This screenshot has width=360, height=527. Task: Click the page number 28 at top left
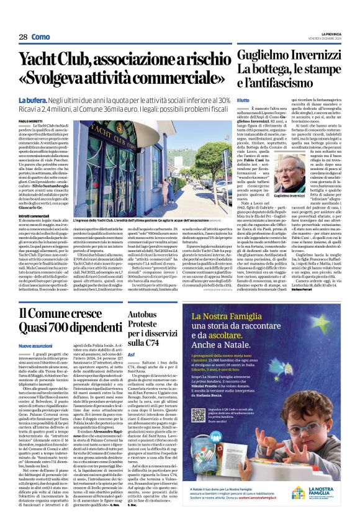23,37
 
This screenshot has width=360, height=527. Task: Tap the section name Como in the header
40,37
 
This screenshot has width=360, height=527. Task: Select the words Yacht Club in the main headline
59,60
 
